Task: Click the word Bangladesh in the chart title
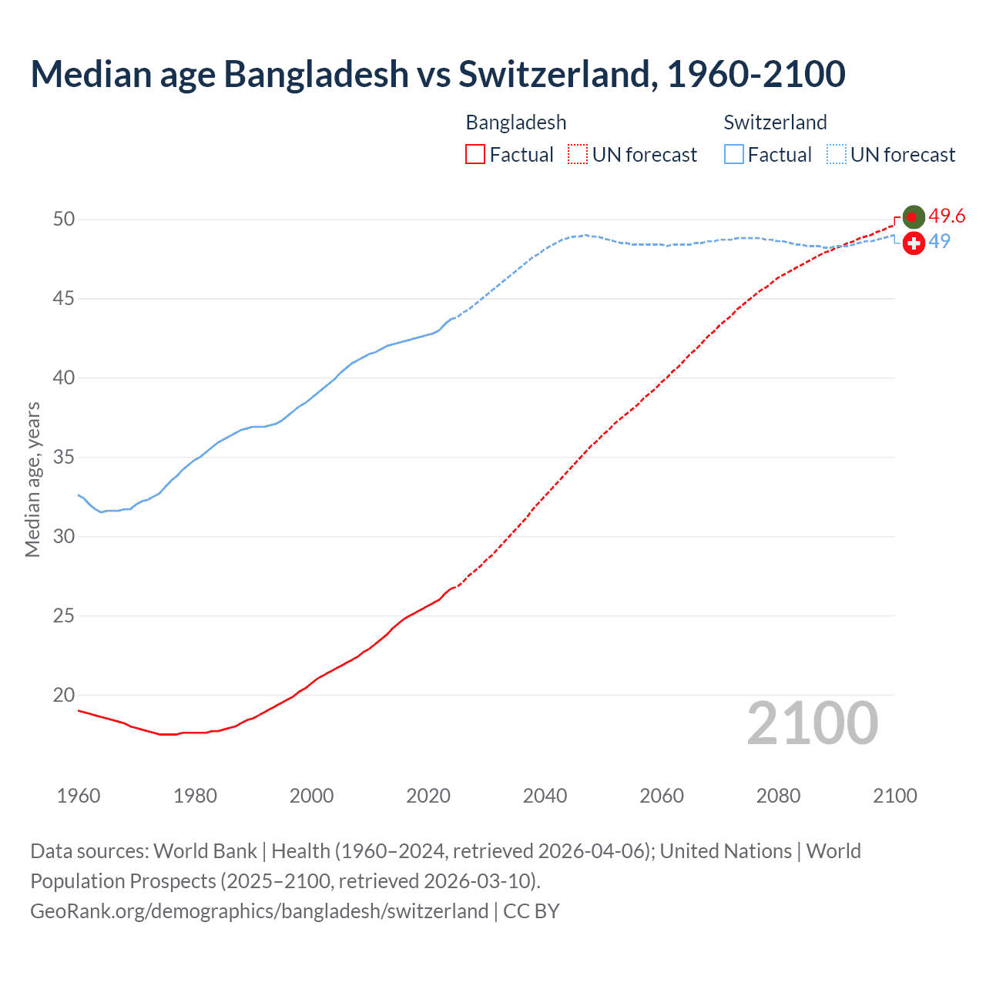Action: (316, 74)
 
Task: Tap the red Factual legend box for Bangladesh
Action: (475, 155)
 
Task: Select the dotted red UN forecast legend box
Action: (578, 155)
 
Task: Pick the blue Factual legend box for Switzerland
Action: (734, 155)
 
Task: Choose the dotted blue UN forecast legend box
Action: (837, 155)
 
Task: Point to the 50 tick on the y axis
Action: (64, 220)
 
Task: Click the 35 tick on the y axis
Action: (64, 458)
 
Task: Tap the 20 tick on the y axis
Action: (64, 695)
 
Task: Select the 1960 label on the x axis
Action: (79, 796)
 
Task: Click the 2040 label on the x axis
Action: (545, 796)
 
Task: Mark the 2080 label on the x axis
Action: (778, 796)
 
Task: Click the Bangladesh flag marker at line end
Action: (914, 217)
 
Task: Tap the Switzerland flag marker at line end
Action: (914, 243)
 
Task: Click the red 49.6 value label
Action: (947, 216)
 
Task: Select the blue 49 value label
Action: (939, 242)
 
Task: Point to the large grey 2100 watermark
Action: (813, 723)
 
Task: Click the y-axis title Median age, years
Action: (32, 479)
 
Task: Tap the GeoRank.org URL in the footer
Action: (259, 911)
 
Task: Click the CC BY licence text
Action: (532, 911)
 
